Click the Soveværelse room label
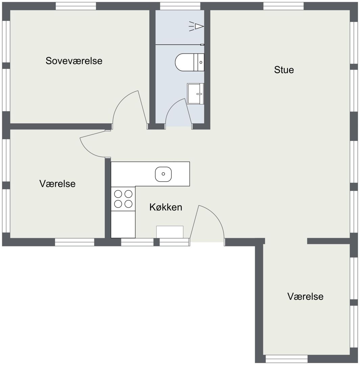click(74, 61)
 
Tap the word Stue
click(284, 70)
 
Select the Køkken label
click(166, 207)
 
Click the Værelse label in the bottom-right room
click(305, 296)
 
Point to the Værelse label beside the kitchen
click(57, 184)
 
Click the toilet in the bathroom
click(190, 63)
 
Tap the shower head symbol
click(196, 26)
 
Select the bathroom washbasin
click(196, 94)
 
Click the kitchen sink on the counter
click(163, 174)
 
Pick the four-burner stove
click(123, 199)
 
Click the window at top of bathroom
click(180, 6)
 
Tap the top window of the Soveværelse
click(76, 6)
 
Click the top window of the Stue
click(283, 6)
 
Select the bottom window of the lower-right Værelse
click(287, 359)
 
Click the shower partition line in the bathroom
click(179, 45)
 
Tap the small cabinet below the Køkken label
click(170, 232)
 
